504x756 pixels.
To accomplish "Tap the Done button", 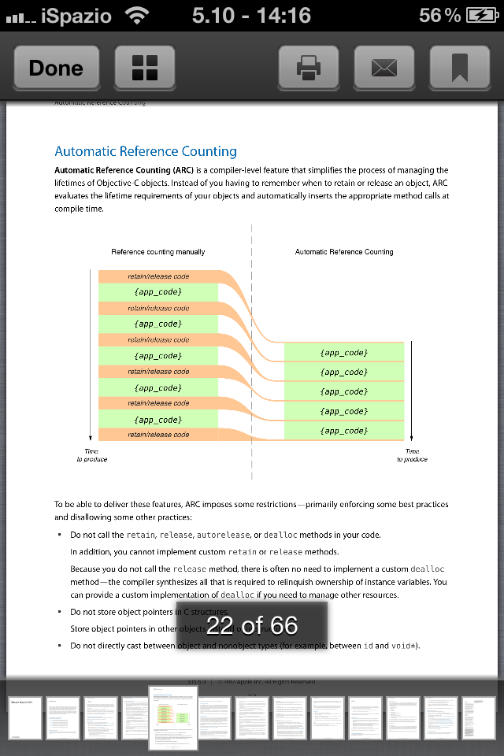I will tap(55, 68).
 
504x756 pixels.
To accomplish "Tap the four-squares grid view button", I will tap(145, 68).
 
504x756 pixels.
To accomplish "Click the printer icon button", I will tap(308, 68).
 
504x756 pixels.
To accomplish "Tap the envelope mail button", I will tap(384, 68).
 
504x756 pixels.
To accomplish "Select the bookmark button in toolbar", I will tap(459, 68).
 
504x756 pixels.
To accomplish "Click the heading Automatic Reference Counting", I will tap(146, 151).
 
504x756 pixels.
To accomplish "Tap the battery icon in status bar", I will tap(481, 15).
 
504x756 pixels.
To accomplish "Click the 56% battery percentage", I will tap(439, 15).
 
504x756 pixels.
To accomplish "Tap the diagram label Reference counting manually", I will tap(158, 252).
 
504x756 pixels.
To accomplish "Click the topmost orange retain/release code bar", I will tap(158, 276).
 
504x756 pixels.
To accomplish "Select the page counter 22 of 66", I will tap(252, 625).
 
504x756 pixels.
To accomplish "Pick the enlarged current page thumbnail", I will tap(173, 717).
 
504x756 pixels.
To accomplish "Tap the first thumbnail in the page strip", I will tap(24, 717).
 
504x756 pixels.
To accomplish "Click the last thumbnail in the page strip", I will tap(479, 717).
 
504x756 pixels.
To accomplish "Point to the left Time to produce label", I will tap(91, 455).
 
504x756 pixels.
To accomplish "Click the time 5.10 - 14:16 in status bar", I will tap(251, 15).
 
